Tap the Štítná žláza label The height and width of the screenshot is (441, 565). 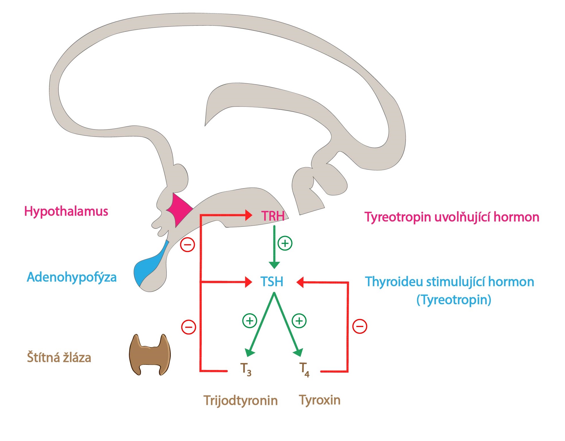pyautogui.click(x=59, y=357)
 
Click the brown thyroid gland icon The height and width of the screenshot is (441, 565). pyautogui.click(x=150, y=355)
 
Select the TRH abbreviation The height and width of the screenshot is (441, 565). pyautogui.click(x=273, y=216)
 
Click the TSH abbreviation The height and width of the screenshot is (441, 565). pyautogui.click(x=272, y=281)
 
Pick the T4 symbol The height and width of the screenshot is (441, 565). pyautogui.click(x=304, y=369)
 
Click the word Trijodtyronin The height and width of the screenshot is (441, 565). pyautogui.click(x=241, y=400)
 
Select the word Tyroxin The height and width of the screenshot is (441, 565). pyautogui.click(x=320, y=400)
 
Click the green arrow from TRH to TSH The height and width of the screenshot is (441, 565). pyautogui.click(x=274, y=247)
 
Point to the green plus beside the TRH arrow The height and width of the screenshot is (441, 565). pyautogui.click(x=285, y=243)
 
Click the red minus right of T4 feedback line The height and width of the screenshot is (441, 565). pyautogui.click(x=360, y=326)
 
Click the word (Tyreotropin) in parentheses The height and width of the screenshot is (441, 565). pyautogui.click(x=454, y=300)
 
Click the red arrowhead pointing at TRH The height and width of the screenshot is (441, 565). pyautogui.click(x=249, y=215)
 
